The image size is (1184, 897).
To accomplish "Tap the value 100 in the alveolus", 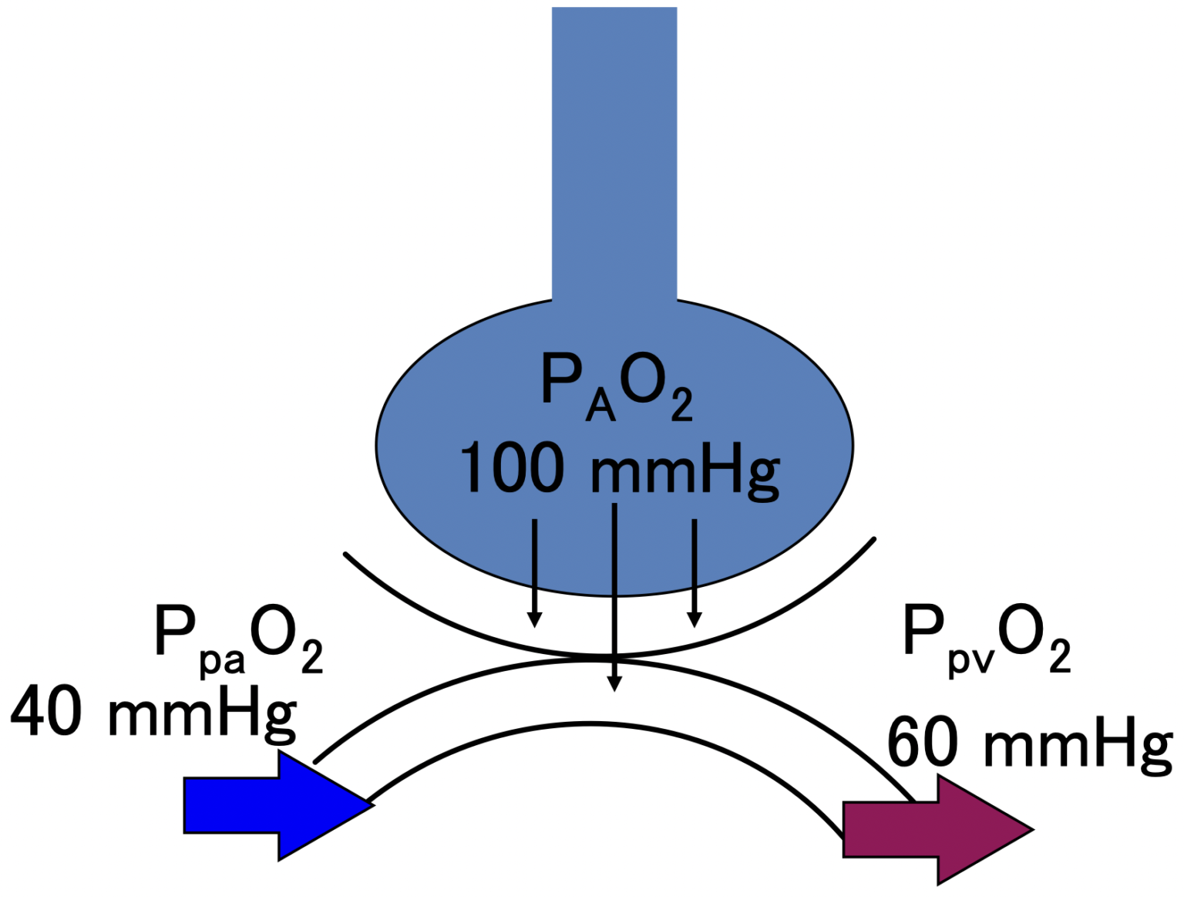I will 511,468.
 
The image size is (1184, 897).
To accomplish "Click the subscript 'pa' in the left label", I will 222,662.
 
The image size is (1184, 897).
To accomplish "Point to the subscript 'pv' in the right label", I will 971,661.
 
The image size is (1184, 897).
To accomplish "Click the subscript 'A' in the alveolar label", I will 600,406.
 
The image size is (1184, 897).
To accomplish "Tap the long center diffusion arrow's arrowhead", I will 614,683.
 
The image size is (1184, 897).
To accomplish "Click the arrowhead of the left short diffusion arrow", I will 534,619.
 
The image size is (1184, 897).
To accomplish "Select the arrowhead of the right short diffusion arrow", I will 695,619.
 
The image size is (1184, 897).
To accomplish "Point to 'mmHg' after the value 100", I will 684,470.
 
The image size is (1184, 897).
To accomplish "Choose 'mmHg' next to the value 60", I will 1078,744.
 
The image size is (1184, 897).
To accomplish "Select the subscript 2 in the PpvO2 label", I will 1060,656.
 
